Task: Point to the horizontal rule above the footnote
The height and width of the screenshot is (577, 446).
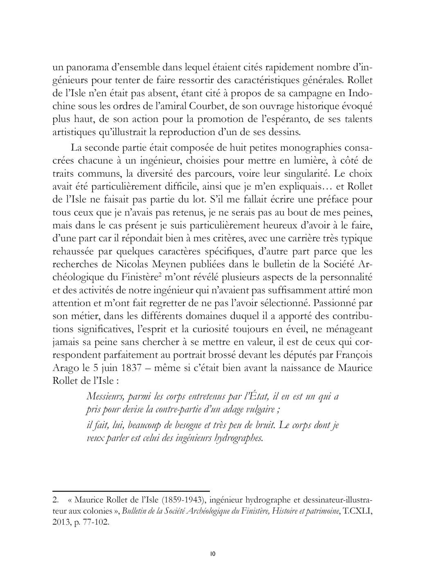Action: [x=131, y=490]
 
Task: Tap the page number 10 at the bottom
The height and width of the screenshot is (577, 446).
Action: [x=212, y=554]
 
